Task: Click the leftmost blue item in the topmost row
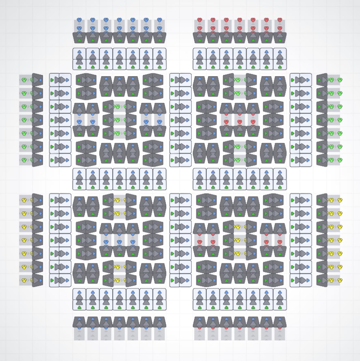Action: (x=79, y=20)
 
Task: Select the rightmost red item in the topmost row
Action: (x=280, y=20)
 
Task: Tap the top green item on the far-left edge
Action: (x=24, y=80)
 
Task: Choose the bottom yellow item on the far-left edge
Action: (x=24, y=280)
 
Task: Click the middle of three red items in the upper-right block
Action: (x=240, y=122)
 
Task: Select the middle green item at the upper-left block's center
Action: (x=118, y=120)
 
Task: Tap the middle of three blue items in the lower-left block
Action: (x=120, y=242)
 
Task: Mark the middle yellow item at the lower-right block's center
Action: (x=240, y=240)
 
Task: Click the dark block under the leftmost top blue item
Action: (x=79, y=37)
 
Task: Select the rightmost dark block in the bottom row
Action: (x=280, y=322)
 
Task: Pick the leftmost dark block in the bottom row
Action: (x=79, y=322)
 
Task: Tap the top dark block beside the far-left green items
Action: (x=37, y=80)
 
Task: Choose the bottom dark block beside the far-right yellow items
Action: (x=322, y=280)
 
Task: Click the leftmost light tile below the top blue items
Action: (x=79, y=59)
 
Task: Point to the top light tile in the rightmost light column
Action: (x=301, y=80)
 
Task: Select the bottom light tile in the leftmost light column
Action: (x=60, y=280)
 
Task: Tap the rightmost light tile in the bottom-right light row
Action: (x=280, y=299)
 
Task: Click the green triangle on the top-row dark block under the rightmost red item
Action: (x=280, y=41)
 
